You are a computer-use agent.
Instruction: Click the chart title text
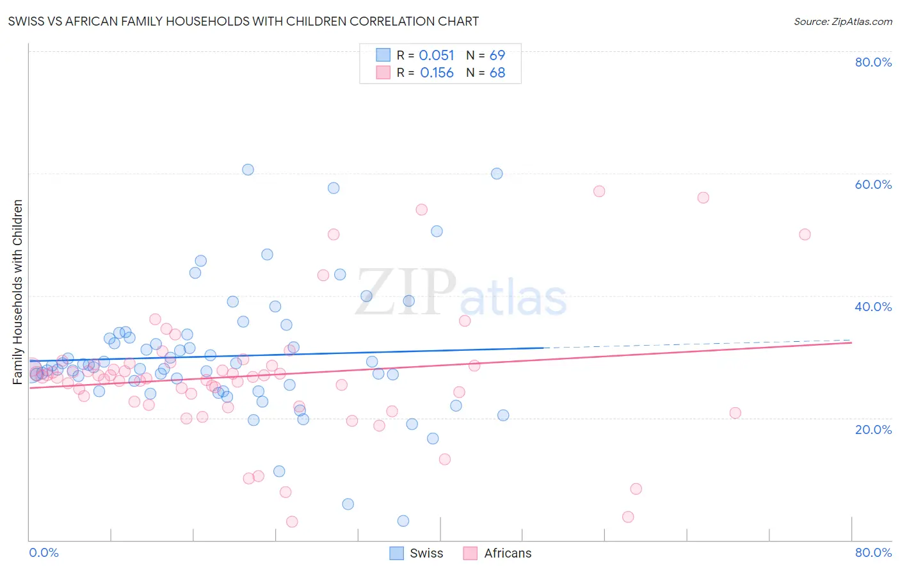tap(243, 21)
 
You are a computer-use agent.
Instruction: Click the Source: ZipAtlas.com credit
tap(842, 21)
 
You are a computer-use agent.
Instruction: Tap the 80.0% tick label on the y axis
tap(873, 62)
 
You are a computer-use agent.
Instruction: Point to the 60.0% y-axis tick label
tap(873, 184)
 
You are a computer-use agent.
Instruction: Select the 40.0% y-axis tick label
tap(873, 307)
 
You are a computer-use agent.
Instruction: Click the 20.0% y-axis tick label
tap(873, 429)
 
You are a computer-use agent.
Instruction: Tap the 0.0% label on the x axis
tap(44, 552)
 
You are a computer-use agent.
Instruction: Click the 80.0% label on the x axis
tap(873, 552)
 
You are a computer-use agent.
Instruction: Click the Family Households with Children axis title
tap(18, 292)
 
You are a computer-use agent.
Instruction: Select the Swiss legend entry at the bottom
tap(416, 553)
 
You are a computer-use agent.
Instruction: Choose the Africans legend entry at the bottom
tap(497, 553)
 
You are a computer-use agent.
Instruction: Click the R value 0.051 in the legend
tap(437, 56)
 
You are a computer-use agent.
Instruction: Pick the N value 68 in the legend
tap(497, 73)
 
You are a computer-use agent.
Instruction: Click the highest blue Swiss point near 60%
tap(248, 170)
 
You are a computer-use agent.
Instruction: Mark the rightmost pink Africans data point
tap(805, 234)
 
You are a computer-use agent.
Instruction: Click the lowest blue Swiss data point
tap(403, 521)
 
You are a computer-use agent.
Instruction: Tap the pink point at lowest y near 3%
tap(292, 522)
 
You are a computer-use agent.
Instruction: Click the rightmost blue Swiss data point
tap(503, 415)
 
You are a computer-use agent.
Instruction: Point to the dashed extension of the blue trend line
tap(698, 344)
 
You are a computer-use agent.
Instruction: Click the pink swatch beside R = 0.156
tap(383, 73)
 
